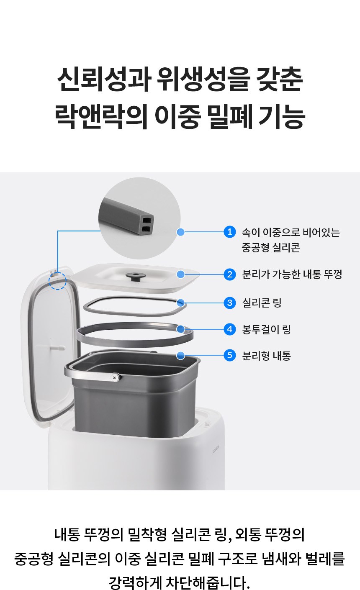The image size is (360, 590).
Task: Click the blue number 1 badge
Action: (229, 232)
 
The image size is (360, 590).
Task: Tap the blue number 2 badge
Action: (229, 274)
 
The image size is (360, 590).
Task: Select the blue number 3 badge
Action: (229, 303)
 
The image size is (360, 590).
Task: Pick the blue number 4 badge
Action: (229, 329)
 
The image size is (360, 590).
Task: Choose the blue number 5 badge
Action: (229, 355)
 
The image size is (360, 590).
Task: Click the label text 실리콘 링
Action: (262, 303)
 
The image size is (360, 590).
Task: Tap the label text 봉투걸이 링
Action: (266, 329)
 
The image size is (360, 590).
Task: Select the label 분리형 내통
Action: (266, 356)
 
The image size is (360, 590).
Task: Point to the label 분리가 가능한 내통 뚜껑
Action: (292, 274)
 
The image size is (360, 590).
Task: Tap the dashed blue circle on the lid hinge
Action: (57, 281)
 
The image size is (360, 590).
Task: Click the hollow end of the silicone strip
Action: (147, 224)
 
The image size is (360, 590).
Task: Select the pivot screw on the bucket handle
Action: (114, 378)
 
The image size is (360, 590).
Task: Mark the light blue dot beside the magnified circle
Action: (180, 232)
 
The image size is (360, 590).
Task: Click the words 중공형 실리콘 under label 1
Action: (271, 247)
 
